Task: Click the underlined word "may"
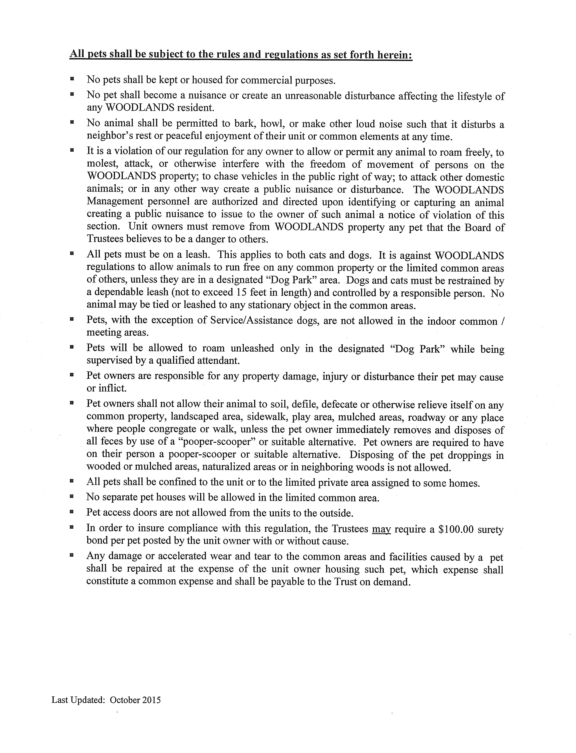pos(381,529)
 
